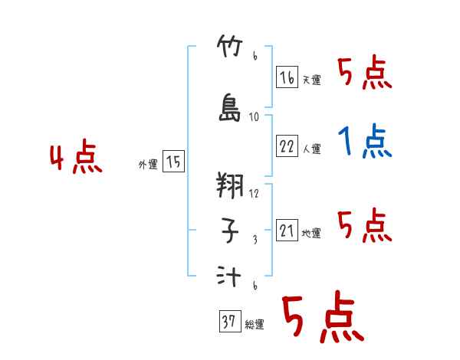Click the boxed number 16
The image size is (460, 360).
tap(287, 77)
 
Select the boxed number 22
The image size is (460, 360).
tap(287, 146)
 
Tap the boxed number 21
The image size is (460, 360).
tap(287, 231)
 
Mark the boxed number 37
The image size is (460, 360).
tap(228, 322)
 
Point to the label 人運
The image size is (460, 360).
tap(311, 149)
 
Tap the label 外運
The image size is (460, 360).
tap(147, 165)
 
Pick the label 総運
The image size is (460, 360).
tap(254, 325)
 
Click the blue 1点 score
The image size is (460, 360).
tap(364, 142)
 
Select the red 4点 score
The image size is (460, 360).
tap(75, 159)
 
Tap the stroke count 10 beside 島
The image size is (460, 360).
tap(255, 117)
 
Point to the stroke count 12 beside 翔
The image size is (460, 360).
tap(255, 194)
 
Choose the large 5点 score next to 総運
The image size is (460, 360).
tap(321, 318)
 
